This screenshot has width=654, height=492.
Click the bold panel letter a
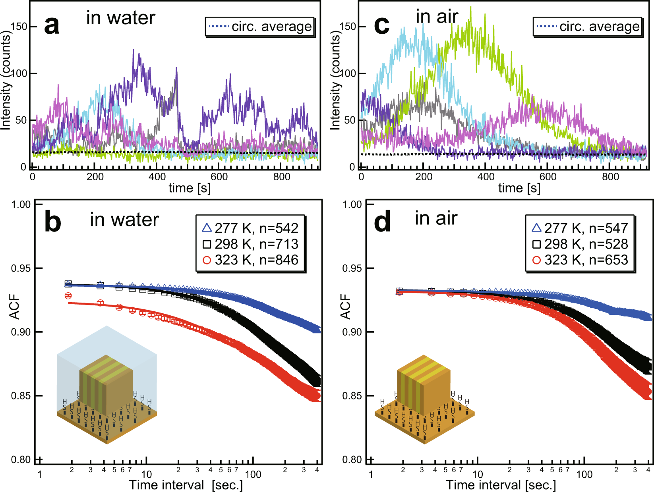52,25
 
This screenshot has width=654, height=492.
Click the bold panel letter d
383,222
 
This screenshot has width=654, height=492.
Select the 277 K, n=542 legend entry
250,228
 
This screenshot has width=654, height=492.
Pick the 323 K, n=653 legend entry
580,260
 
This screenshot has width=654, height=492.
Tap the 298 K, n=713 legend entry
250,244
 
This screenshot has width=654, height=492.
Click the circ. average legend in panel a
260,27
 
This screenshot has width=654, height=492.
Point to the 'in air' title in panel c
437,17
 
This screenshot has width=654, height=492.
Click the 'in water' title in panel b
124,220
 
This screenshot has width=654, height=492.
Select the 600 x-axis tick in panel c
548,177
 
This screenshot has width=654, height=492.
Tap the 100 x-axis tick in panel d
584,474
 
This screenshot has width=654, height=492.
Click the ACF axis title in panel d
345,307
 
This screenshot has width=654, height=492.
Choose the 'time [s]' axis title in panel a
189,188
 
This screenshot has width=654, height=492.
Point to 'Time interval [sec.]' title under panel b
186,485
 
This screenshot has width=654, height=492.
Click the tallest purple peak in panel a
134,50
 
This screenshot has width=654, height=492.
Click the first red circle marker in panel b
68,296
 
